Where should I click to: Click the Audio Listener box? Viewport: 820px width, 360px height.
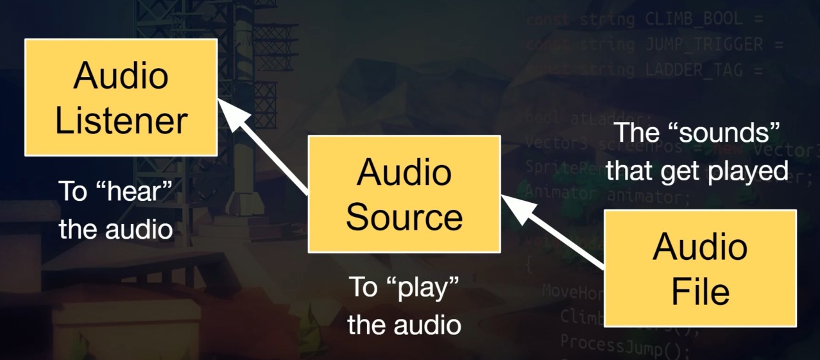click(x=121, y=97)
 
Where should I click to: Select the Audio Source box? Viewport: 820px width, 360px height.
click(x=404, y=194)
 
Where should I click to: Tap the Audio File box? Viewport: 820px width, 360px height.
click(x=700, y=268)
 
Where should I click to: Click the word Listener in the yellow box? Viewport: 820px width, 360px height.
click(x=121, y=120)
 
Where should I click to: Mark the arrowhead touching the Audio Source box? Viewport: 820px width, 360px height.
click(x=517, y=209)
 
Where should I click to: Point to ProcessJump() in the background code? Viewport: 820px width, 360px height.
click(x=622, y=347)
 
